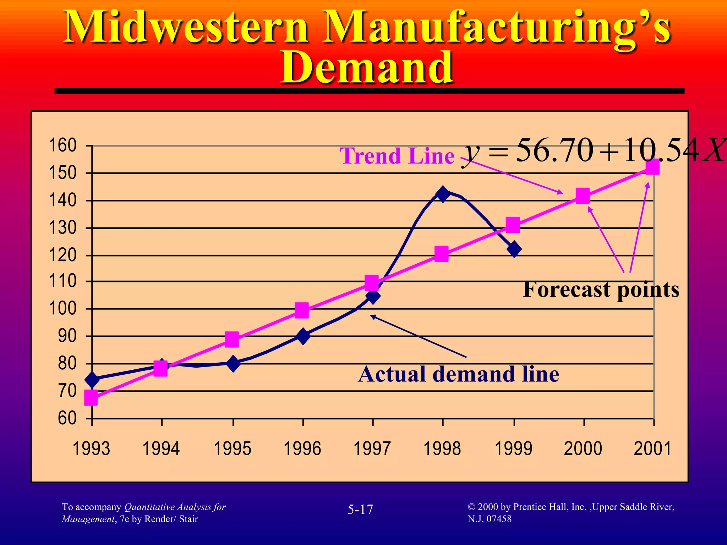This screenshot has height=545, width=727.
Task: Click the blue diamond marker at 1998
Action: pyautogui.click(x=443, y=194)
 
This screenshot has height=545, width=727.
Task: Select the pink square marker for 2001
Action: pyautogui.click(x=652, y=167)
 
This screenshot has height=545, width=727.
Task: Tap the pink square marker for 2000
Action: pyautogui.click(x=583, y=196)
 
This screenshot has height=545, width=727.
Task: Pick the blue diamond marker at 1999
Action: pyautogui.click(x=514, y=249)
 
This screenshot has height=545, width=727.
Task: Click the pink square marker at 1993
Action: pyautogui.click(x=91, y=398)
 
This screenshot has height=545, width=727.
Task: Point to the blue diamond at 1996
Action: pyautogui.click(x=303, y=336)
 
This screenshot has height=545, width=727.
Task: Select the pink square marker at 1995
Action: pyautogui.click(x=231, y=340)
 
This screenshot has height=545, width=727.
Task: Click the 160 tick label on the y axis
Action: pyautogui.click(x=62, y=145)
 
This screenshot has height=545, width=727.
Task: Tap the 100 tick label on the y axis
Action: pyautogui.click(x=62, y=309)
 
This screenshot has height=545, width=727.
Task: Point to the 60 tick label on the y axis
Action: pyautogui.click(x=67, y=418)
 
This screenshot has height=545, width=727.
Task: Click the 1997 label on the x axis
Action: pyautogui.click(x=372, y=448)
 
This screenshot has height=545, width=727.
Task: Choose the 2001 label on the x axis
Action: pyautogui.click(x=652, y=448)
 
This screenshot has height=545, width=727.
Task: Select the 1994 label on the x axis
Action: pyautogui.click(x=161, y=448)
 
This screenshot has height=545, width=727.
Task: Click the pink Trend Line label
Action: pyautogui.click(x=397, y=156)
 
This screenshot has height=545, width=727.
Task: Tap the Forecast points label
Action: pyautogui.click(x=601, y=289)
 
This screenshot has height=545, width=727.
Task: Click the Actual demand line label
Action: pyautogui.click(x=458, y=374)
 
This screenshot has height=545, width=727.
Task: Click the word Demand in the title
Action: pyautogui.click(x=367, y=67)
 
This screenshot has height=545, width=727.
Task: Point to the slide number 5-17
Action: pyautogui.click(x=360, y=510)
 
